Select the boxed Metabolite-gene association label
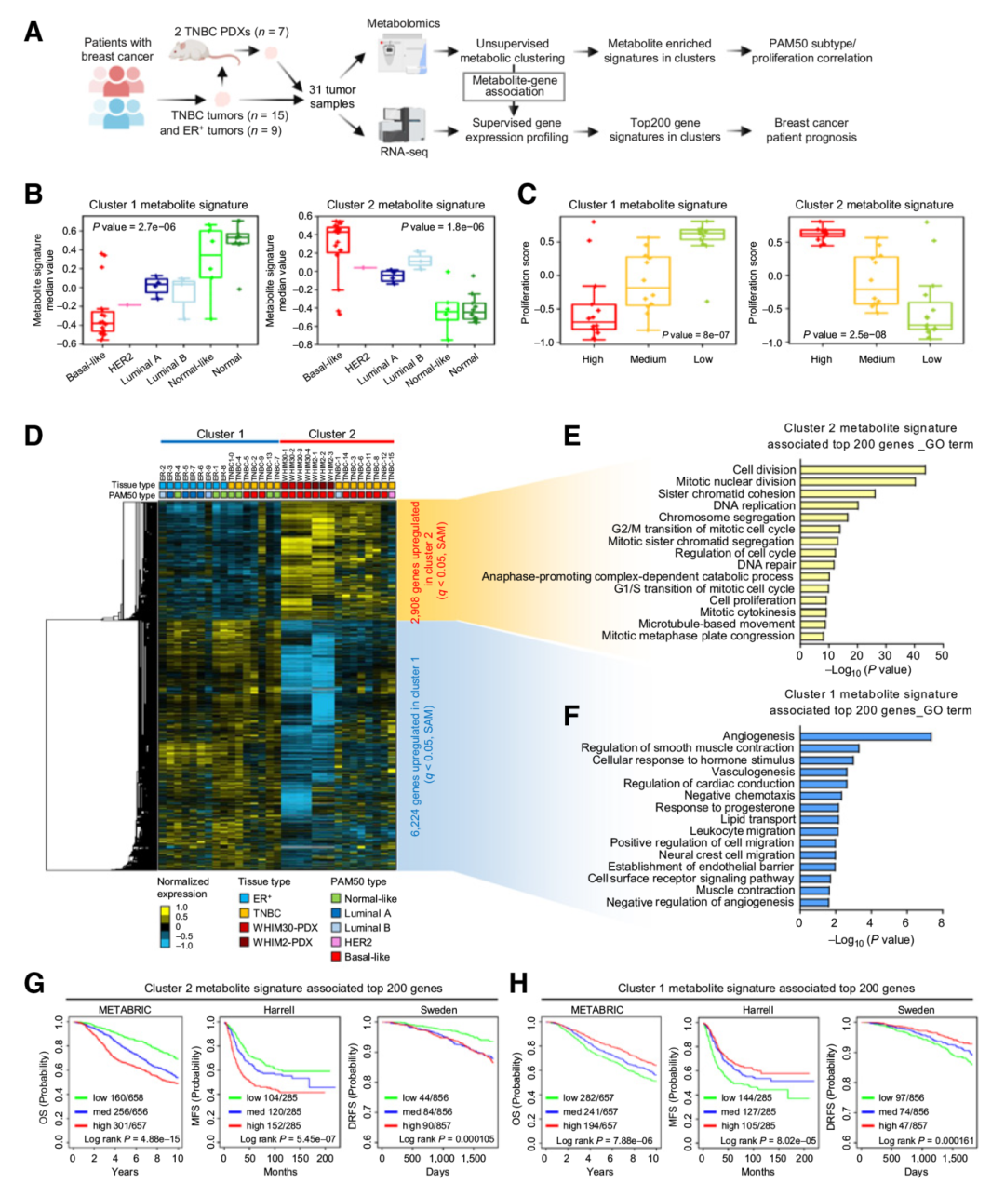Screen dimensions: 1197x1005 pos(515,86)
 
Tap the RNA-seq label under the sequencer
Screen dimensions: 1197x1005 pos(404,152)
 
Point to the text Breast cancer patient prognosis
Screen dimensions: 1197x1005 pos(811,129)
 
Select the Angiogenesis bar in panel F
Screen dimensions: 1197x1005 pos(865,736)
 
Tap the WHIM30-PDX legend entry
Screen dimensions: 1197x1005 pos(285,928)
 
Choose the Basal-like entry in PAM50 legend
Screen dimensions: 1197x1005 pos(366,957)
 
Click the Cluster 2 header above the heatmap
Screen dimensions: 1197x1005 pos(332,434)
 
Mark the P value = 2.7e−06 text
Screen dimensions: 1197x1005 pos(134,226)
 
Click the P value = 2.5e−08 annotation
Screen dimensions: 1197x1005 pos(841,335)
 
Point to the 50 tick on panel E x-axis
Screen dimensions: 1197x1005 pos(942,656)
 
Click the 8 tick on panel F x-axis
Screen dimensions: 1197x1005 pos(941,922)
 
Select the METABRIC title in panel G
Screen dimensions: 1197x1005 pos(125,1010)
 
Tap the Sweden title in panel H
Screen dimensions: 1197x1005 pos(916,1010)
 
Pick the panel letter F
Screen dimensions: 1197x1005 pos(572,715)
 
